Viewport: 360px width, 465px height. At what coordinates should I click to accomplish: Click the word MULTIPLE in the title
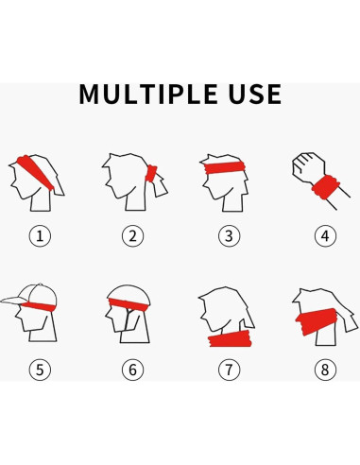tap(148, 94)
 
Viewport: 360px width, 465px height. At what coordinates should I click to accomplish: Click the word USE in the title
tap(255, 94)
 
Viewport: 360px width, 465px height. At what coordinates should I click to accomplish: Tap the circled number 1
tap(40, 236)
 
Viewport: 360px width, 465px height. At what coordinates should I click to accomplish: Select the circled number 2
tap(132, 236)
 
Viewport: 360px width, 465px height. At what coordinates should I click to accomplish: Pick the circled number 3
tap(229, 236)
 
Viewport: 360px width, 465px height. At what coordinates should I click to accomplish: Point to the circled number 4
tap(325, 236)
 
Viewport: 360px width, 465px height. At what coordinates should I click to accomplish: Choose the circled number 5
tap(40, 370)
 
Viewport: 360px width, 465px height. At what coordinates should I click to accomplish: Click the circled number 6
tap(132, 370)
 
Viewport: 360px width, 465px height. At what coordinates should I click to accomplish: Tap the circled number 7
tap(229, 370)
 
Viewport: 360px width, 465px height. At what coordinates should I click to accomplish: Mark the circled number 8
tap(325, 370)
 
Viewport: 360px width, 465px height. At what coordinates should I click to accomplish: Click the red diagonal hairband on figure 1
tap(35, 173)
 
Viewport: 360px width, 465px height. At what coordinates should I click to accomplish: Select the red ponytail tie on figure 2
tap(151, 174)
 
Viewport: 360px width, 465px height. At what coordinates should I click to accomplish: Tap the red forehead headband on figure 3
tap(224, 167)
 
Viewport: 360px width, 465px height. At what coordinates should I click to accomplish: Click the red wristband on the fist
tap(326, 187)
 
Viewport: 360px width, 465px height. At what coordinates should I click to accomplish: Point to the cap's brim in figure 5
tap(14, 301)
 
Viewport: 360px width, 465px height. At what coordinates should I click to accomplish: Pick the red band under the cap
tap(40, 305)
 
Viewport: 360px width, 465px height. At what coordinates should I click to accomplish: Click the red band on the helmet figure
tap(129, 304)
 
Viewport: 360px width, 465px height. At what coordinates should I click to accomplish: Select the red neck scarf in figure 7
tap(230, 339)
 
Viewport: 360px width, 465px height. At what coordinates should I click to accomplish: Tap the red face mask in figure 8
tap(317, 321)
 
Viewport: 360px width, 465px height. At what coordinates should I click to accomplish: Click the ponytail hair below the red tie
tap(159, 186)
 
